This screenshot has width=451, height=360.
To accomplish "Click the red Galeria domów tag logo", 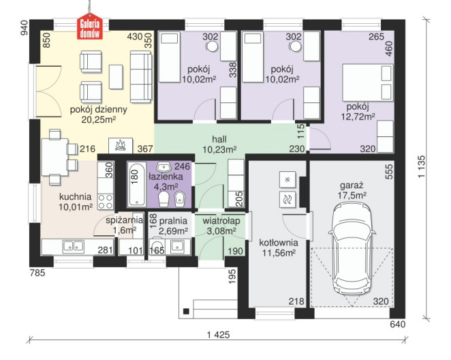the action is [90, 27].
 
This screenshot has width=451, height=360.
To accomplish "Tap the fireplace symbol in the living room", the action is [121, 146].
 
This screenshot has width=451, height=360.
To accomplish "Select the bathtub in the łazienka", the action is [137, 184].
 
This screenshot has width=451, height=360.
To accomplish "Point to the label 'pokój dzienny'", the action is [98, 110].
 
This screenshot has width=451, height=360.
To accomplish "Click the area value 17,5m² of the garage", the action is [352, 196].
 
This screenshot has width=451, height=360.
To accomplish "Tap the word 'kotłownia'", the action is [279, 243].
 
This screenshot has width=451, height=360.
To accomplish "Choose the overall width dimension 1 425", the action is [218, 335].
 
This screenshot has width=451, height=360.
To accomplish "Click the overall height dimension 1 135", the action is [421, 167].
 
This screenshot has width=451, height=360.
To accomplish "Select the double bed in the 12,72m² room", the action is [368, 82].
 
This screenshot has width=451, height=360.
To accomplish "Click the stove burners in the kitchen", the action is [106, 201].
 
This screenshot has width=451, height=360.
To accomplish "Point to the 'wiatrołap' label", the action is [221, 221].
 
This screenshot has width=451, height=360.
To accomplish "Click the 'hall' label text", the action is [219, 140].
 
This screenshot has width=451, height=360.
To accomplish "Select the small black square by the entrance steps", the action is [186, 311].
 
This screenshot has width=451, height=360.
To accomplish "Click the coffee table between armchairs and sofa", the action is [116, 77].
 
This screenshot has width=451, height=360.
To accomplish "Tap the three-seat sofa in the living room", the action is [140, 77].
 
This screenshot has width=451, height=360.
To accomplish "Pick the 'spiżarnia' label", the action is [124, 220].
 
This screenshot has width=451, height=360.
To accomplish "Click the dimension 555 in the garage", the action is [389, 172].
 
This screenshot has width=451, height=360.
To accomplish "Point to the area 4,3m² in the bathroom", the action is [166, 187].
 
